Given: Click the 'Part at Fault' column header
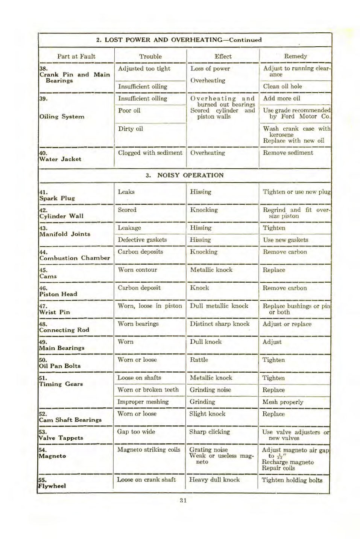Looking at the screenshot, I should (x=76, y=56).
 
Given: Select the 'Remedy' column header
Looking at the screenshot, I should (x=295, y=56).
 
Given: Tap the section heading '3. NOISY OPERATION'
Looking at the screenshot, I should (x=184, y=175).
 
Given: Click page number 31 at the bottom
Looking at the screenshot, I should (x=183, y=500).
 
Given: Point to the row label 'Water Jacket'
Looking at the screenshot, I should (x=60, y=159).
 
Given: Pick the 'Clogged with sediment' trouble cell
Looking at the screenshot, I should (x=150, y=153).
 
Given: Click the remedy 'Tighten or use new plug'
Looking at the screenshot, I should (x=296, y=192).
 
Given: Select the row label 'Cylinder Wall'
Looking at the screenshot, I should (x=61, y=216).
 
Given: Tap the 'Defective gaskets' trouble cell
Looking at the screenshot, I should (x=142, y=240).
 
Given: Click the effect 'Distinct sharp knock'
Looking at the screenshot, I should (x=219, y=324).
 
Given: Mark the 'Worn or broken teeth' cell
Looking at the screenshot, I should (x=148, y=390).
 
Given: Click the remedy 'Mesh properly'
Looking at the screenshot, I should (x=283, y=402).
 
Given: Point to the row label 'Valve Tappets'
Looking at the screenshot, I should (x=61, y=438).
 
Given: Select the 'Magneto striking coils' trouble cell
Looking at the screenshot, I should (x=149, y=449).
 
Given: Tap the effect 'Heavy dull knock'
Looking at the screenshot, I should (x=214, y=480).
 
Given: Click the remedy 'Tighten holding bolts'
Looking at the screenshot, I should (x=292, y=480).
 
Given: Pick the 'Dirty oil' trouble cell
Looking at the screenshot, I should (x=130, y=129).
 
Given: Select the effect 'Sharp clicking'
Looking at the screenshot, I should (x=209, y=432).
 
